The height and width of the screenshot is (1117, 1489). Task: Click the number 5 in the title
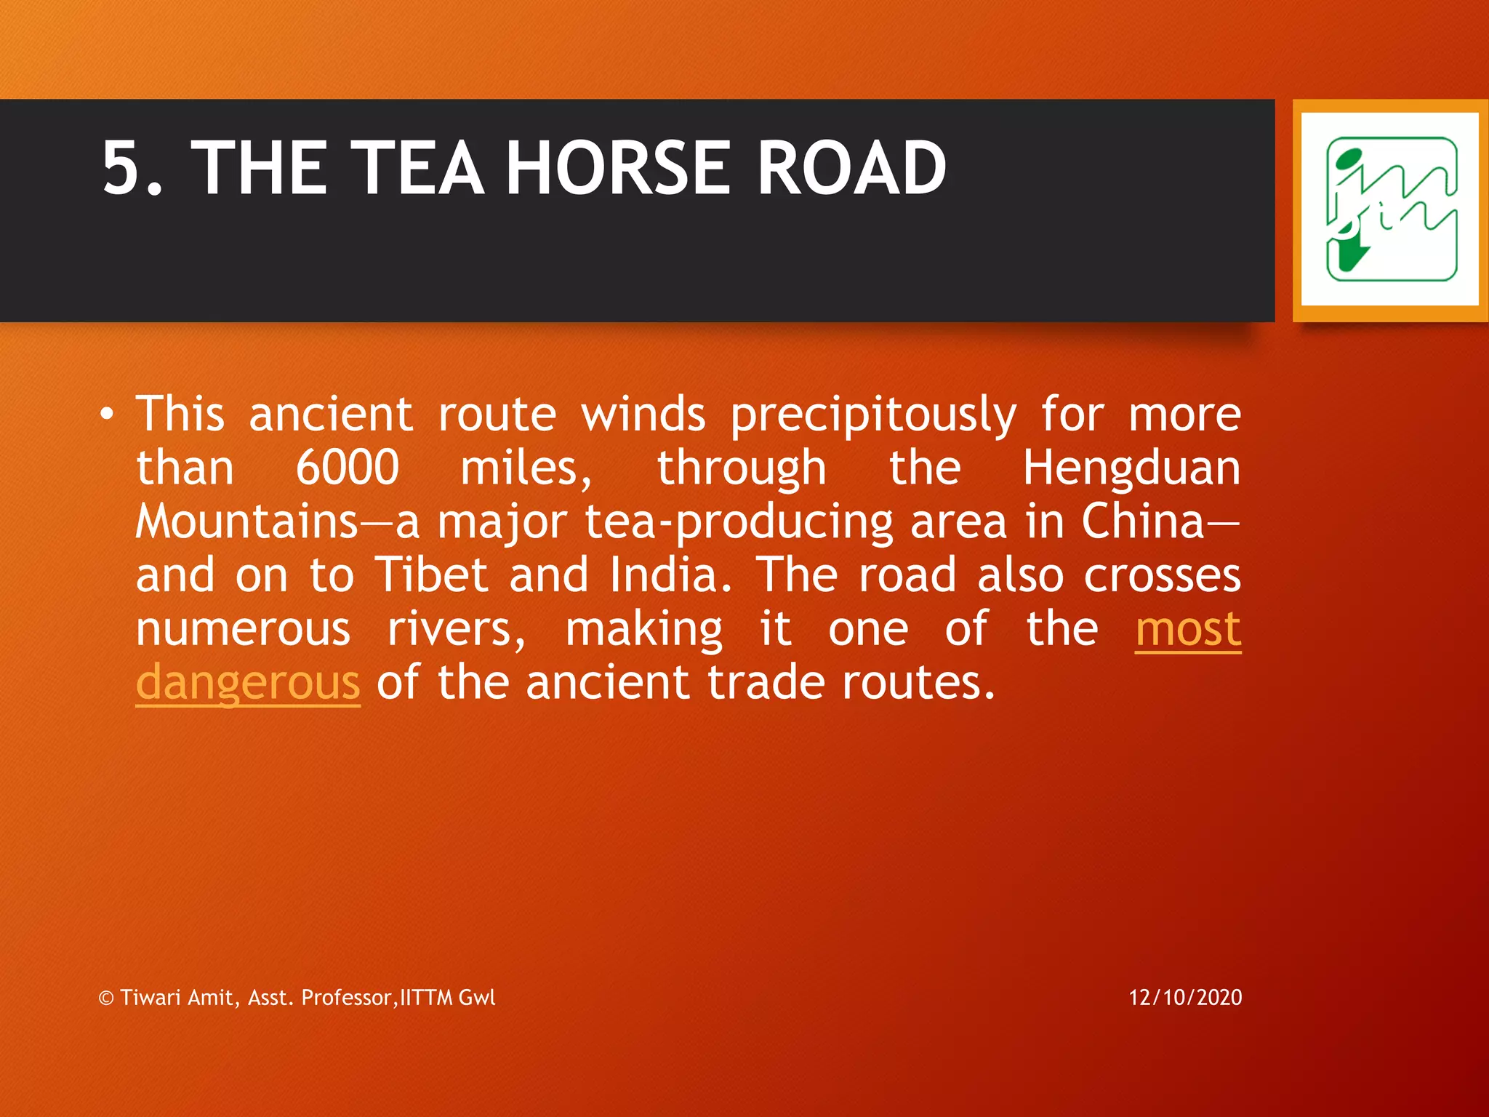(123, 169)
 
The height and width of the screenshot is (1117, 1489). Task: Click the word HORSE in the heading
(617, 169)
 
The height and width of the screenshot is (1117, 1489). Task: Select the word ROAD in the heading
(851, 169)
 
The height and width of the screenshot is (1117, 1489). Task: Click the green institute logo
(1390, 209)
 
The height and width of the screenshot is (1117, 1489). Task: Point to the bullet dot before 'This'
(108, 414)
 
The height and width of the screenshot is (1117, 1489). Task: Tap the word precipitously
(872, 415)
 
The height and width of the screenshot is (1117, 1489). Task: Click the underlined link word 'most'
(1188, 629)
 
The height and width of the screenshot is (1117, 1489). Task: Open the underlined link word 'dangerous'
(248, 683)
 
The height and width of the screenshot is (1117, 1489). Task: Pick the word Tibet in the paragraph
(430, 575)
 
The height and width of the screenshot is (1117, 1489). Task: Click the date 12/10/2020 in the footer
(1185, 997)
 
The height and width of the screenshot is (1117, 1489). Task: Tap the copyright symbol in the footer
(106, 998)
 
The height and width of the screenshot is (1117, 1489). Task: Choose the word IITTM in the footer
(426, 997)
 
